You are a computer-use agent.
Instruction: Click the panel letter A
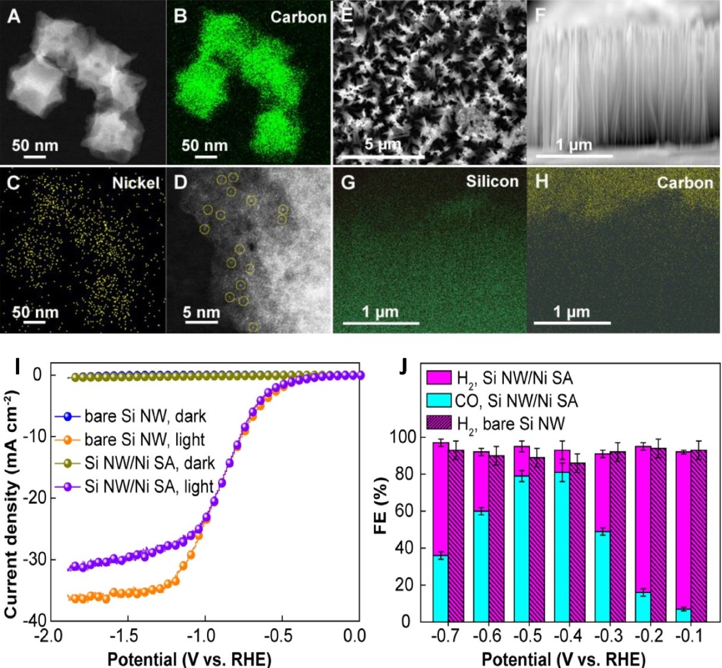13,16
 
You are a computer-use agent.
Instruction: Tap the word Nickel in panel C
136,183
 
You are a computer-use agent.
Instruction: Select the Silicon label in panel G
492,181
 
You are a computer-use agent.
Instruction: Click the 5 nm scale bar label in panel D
201,312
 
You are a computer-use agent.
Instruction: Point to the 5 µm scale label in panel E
382,145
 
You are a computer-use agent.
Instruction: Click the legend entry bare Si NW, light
144,440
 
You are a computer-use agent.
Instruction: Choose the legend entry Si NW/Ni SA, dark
149,463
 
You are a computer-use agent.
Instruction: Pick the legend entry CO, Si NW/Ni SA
516,400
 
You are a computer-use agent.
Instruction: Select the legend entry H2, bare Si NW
510,424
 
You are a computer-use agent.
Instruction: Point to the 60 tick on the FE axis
407,511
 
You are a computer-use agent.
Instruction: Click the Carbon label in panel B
298,17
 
